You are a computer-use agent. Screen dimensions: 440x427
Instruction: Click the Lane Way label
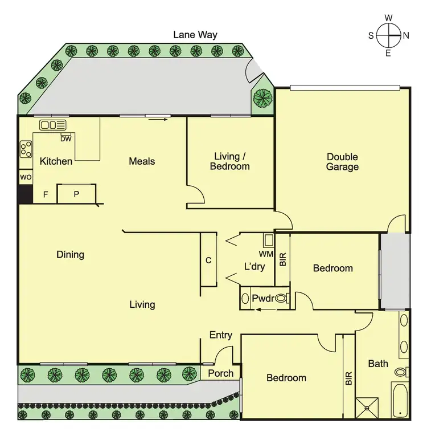(195, 35)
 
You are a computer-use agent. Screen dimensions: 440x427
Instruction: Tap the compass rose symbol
(388, 35)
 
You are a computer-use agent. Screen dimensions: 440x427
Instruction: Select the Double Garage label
(342, 162)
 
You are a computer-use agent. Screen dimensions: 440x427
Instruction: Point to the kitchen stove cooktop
(26, 149)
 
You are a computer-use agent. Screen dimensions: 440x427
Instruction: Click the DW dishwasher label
(65, 138)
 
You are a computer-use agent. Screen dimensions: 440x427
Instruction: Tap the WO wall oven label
(26, 177)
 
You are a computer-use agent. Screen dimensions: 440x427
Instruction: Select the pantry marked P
(76, 194)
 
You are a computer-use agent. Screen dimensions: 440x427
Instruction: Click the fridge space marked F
(46, 195)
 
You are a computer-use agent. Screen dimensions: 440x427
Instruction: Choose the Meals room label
(142, 161)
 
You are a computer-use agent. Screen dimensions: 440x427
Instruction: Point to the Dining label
(71, 254)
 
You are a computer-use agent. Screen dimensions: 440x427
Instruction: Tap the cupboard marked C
(208, 260)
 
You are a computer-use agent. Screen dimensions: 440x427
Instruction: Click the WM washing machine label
(265, 253)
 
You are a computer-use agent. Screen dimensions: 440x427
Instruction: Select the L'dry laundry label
(254, 266)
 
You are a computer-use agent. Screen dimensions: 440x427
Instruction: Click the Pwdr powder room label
(263, 298)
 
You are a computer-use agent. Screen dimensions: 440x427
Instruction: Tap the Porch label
(220, 373)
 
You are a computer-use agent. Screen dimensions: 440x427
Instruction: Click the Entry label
(220, 335)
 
